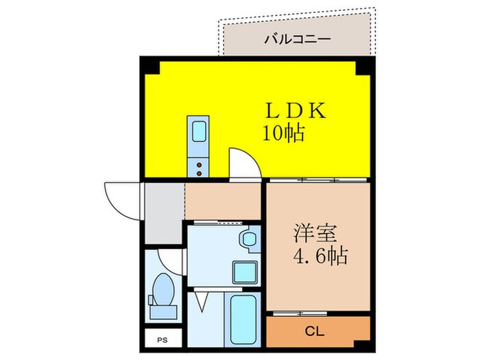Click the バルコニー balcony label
pos(298,38)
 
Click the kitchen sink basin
pos(198,130)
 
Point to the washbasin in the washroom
pos(248,240)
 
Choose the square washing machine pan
pos(244,272)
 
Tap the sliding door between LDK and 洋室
pos(317,180)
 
